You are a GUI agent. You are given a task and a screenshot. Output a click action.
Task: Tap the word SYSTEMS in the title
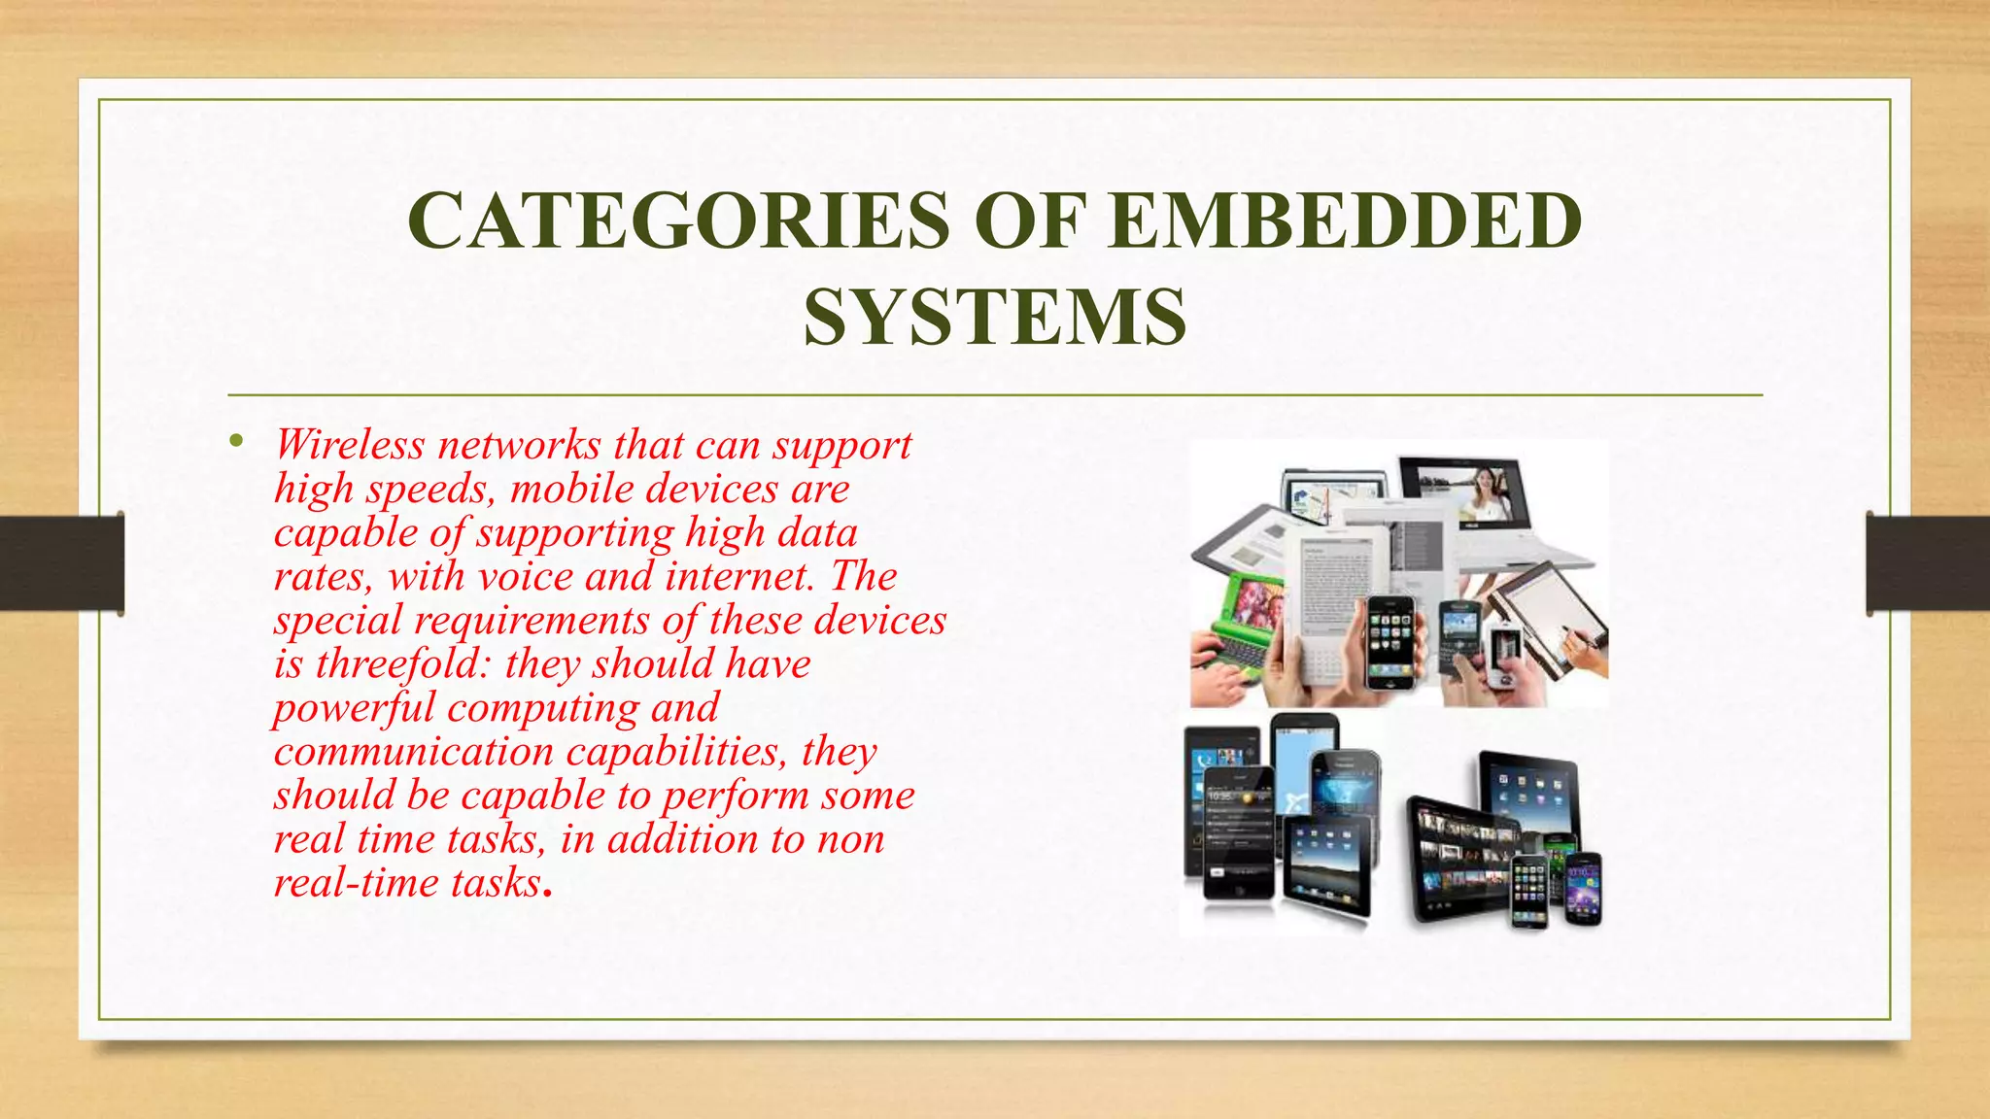pyautogui.click(x=994, y=318)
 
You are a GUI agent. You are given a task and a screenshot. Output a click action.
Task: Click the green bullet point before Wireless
pyautogui.click(x=236, y=443)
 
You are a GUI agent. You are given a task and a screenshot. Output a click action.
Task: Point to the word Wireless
pyautogui.click(x=350, y=445)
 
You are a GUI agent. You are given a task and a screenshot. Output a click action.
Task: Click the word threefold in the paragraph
pyautogui.click(x=404, y=664)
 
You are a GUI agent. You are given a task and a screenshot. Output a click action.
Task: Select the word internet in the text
pyautogui.click(x=738, y=577)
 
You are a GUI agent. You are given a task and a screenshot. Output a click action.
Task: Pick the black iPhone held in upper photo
pyautogui.click(x=1390, y=641)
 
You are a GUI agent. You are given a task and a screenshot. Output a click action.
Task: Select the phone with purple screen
pyautogui.click(x=1583, y=889)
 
